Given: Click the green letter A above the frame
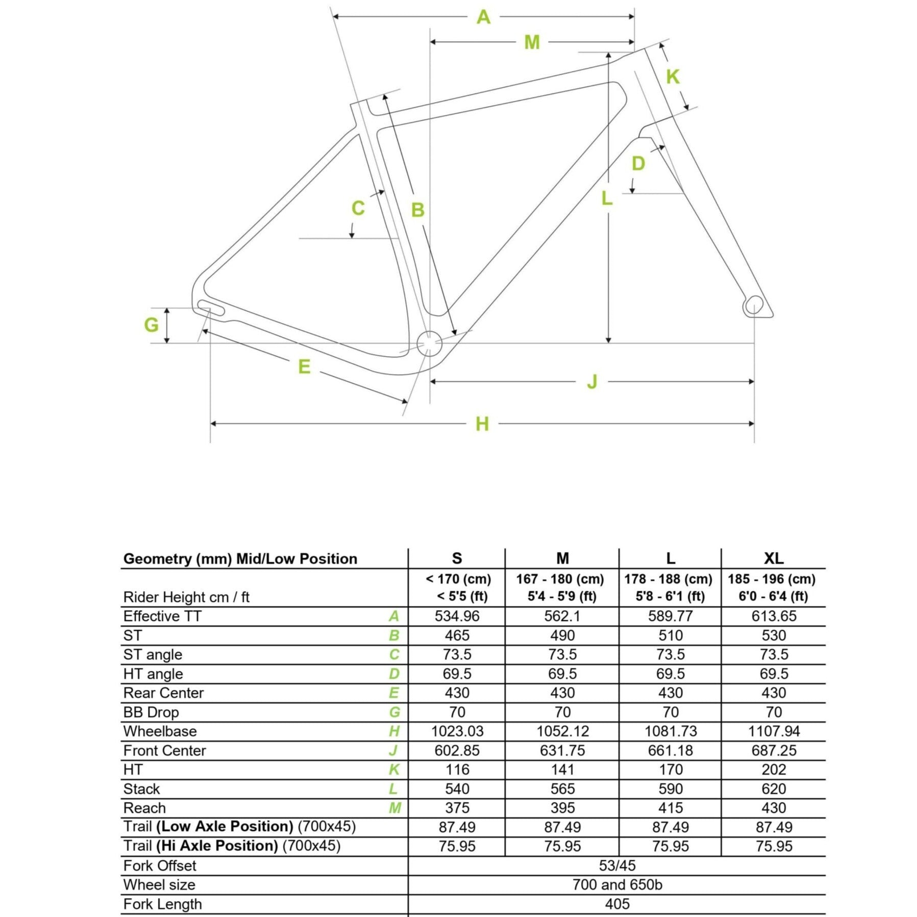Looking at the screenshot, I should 483,17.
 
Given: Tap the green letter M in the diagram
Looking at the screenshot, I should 532,42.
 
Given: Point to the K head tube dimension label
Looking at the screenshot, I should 673,77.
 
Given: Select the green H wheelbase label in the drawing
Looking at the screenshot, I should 482,424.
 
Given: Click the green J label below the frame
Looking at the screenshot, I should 592,382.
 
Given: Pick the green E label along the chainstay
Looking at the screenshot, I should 304,367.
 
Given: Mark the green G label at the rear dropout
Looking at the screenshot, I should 151,325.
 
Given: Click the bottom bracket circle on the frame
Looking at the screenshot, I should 429,343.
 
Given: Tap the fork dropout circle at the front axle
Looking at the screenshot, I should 754,305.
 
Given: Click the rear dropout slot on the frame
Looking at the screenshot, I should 211,308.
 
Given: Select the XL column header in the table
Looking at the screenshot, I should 774,558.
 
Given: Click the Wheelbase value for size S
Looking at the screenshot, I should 457,731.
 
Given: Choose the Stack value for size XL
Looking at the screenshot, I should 774,789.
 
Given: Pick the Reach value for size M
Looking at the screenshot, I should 562,808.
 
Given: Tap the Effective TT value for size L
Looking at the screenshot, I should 670,616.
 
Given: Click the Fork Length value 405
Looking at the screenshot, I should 617,904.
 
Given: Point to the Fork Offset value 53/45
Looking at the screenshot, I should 617,865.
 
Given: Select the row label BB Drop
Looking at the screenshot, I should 151,712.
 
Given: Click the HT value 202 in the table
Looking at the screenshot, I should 774,770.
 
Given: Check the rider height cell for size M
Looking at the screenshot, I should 562,587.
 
